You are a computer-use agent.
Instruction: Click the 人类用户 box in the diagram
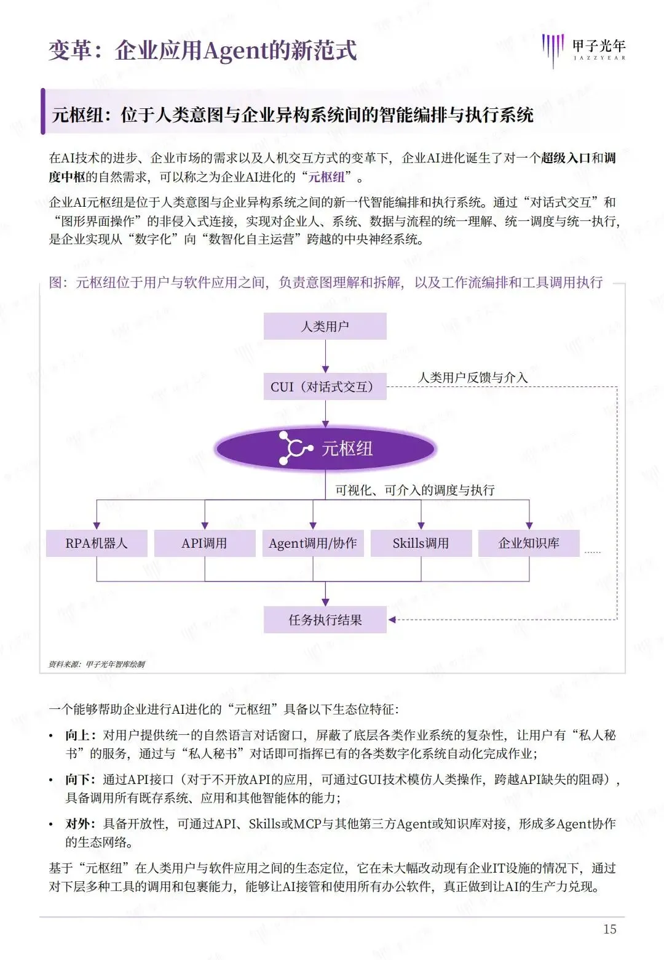coord(325,326)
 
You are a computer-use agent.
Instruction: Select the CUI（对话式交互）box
coord(325,386)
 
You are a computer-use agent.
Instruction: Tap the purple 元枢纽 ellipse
coord(325,449)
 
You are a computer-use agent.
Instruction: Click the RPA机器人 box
coord(97,543)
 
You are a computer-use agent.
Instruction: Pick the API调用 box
coord(205,543)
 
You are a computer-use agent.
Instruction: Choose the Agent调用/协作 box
coord(313,543)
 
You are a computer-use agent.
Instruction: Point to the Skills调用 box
coord(421,543)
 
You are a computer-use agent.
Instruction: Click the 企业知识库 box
coord(529,543)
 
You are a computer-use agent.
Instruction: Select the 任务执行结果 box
coord(325,620)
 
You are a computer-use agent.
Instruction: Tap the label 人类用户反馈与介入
coord(473,377)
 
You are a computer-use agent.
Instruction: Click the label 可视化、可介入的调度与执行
coord(415,490)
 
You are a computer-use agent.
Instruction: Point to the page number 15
coord(609,929)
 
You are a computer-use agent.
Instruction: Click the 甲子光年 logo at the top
coord(584,49)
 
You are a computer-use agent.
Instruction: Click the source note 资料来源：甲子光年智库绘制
coord(97,664)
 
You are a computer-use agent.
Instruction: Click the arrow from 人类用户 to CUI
coord(325,357)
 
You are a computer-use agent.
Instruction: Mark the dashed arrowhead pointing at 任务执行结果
coord(392,620)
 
